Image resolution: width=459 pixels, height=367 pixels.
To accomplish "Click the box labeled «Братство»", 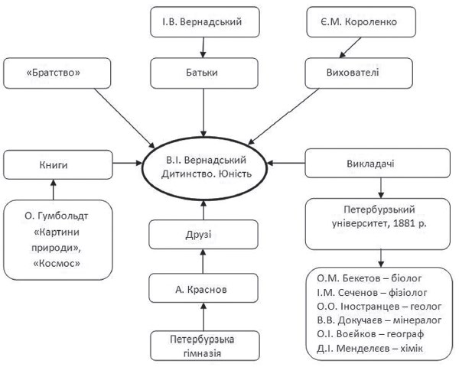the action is point(57,73).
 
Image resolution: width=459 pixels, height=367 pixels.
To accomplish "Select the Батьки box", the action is point(204,73).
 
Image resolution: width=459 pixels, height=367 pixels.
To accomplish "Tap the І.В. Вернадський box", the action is point(205,22).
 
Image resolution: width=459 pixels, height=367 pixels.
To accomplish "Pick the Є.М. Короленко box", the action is point(361,22).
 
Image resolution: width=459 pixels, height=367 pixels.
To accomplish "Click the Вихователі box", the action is point(359,73).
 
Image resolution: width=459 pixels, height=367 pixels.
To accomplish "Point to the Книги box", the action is point(58,165).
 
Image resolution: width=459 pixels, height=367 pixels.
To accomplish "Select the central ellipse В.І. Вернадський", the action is point(204,168).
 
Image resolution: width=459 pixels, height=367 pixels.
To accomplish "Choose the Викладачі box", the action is point(378,164).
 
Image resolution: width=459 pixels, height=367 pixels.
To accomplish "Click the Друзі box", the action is point(203,235).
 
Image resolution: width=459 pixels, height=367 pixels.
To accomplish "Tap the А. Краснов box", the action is point(203,288).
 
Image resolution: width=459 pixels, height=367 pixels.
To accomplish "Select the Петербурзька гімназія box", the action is point(205,346).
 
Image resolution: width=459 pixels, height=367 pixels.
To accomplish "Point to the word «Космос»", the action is point(57,264).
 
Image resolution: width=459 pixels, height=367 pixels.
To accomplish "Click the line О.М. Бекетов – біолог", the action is point(369,278).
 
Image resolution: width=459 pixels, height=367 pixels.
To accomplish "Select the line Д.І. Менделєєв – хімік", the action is point(369,349).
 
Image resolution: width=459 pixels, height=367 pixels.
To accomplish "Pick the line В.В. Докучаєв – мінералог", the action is point(379,320).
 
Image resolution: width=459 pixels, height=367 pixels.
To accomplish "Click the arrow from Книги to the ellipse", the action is point(127,163).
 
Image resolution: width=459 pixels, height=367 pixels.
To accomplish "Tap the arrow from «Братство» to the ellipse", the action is point(125,119).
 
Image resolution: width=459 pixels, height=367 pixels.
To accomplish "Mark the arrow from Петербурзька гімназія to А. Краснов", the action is point(203,317).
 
